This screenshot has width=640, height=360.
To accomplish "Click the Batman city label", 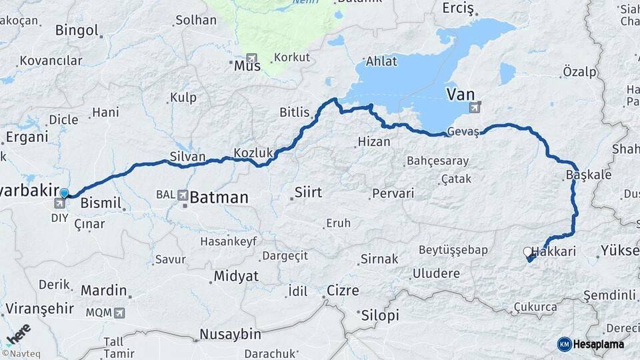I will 219,197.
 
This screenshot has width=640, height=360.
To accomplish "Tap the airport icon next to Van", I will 475,107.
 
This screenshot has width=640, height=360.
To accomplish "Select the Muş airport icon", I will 251,58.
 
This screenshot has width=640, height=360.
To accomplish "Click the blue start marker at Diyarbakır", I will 64,193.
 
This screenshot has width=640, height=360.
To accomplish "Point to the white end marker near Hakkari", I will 527,252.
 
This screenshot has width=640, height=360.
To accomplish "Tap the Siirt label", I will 307,192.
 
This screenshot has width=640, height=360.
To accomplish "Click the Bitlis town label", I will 295,112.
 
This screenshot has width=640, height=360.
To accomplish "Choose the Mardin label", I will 103,290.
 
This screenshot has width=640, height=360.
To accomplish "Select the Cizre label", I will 343,291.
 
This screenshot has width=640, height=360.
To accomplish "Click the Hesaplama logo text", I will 599,344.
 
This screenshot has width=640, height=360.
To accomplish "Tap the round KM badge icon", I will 564,344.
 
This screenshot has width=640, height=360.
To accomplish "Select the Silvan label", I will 187,155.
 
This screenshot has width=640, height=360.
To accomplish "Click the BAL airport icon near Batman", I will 182,195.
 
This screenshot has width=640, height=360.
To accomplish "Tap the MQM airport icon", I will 119,312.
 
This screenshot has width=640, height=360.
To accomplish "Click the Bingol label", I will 77,30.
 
